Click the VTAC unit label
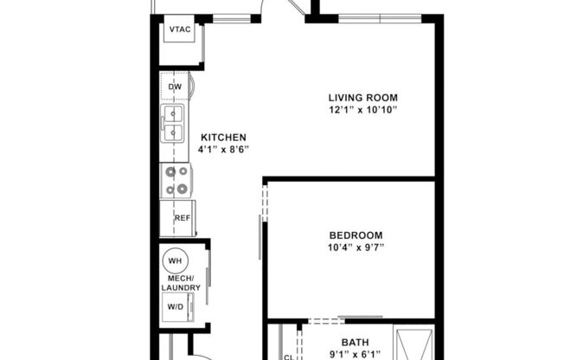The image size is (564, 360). (x=180, y=30)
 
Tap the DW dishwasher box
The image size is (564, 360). (x=175, y=87)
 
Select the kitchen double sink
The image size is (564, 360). (x=175, y=122)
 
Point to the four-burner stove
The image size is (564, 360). (x=176, y=180)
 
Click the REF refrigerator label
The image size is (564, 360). (x=182, y=218)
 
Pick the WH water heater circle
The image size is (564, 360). (x=175, y=260)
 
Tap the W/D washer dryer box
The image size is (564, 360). (x=176, y=306)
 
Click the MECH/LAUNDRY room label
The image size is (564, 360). (x=181, y=283)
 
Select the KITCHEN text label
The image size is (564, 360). (x=224, y=137)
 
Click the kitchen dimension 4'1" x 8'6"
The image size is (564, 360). (x=224, y=149)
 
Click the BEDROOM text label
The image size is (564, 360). (x=356, y=235)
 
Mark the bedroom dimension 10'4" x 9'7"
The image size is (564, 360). (x=356, y=247)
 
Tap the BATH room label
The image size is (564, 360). (x=355, y=342)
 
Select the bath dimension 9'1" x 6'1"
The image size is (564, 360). (x=355, y=354)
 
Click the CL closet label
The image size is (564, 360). (x=289, y=356)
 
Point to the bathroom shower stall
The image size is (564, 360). (x=413, y=343)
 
